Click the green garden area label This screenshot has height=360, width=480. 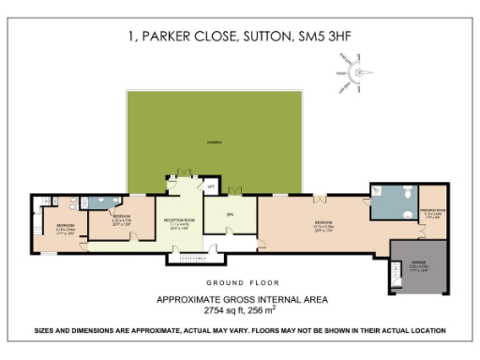coord(215,142)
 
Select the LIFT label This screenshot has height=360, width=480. coord(211,187)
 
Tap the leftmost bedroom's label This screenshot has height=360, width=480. coord(65,227)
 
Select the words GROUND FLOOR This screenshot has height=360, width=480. coord(239,281)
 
